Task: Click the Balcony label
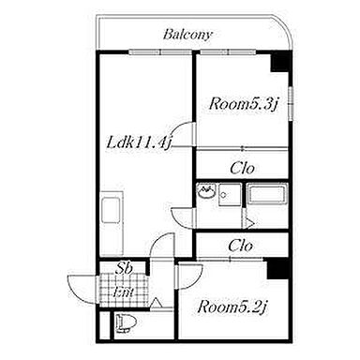tap(187, 35)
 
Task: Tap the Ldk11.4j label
tap(140, 142)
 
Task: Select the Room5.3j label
tap(244, 103)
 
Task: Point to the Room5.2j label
tap(232, 307)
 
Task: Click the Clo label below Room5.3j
tap(242, 169)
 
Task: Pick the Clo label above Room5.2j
tap(240, 246)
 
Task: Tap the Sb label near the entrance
tap(125, 268)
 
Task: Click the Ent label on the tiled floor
tap(124, 292)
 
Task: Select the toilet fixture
tap(127, 322)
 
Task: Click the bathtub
tap(267, 194)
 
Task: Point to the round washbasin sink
tap(205, 192)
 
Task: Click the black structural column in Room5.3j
tap(280, 62)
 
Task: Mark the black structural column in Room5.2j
tap(277, 269)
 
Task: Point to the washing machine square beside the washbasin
tap(230, 195)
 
